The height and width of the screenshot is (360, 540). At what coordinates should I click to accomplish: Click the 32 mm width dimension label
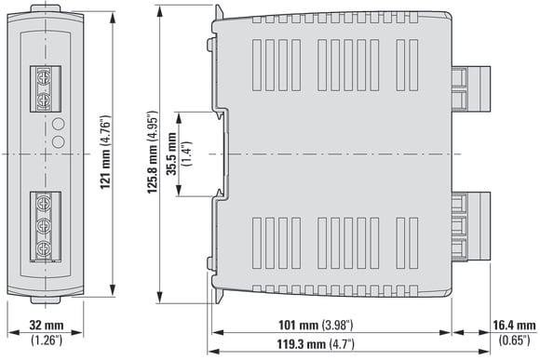coord(47,325)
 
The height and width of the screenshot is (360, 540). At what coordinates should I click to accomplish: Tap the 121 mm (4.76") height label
coord(106,153)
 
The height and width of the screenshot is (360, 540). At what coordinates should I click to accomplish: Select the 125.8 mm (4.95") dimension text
coord(152,153)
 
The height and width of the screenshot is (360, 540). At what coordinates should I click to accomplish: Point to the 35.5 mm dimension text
coord(171,153)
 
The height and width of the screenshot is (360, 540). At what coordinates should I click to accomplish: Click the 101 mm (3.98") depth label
coord(316,325)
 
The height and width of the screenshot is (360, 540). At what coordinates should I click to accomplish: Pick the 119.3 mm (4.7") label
coord(316,344)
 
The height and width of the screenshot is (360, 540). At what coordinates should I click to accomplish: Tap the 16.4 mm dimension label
coord(515,325)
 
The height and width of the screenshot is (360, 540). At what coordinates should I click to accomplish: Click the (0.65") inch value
coord(515,340)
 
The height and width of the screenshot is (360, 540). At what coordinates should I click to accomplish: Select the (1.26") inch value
coord(47,340)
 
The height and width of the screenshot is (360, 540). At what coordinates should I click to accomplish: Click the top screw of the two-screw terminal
coord(44,77)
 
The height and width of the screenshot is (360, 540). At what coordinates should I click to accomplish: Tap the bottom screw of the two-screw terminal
coord(44,100)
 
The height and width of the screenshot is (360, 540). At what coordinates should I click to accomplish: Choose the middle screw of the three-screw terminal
coord(44,226)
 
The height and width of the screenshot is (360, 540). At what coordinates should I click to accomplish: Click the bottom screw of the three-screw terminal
coord(44,248)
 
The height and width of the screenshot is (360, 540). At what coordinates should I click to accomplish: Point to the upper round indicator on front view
coord(59,124)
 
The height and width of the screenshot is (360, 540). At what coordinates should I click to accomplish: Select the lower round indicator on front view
coord(59,141)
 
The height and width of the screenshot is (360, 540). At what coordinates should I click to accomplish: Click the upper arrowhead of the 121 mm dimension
coord(113,18)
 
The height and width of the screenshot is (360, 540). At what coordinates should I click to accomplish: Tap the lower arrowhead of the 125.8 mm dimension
coord(159,297)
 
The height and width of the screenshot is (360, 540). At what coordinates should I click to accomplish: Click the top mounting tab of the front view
coord(46,8)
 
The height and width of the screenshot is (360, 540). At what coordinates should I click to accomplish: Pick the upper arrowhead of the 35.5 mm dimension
coord(179,118)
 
